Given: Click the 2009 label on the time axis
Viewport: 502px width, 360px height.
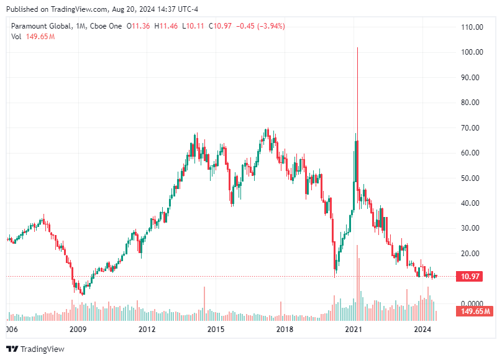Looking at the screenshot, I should (x=77, y=329).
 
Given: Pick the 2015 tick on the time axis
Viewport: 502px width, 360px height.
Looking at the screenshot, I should (x=216, y=329).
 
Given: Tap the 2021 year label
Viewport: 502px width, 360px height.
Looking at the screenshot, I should (x=354, y=329).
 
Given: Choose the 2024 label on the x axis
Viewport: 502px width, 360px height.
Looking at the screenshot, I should (x=422, y=329).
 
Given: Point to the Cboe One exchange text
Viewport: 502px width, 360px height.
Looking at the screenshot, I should (x=106, y=26).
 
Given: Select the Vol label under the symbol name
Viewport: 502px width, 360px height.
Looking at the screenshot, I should (x=16, y=37).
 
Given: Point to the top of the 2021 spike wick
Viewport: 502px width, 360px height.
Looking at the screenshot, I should (x=358, y=48).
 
